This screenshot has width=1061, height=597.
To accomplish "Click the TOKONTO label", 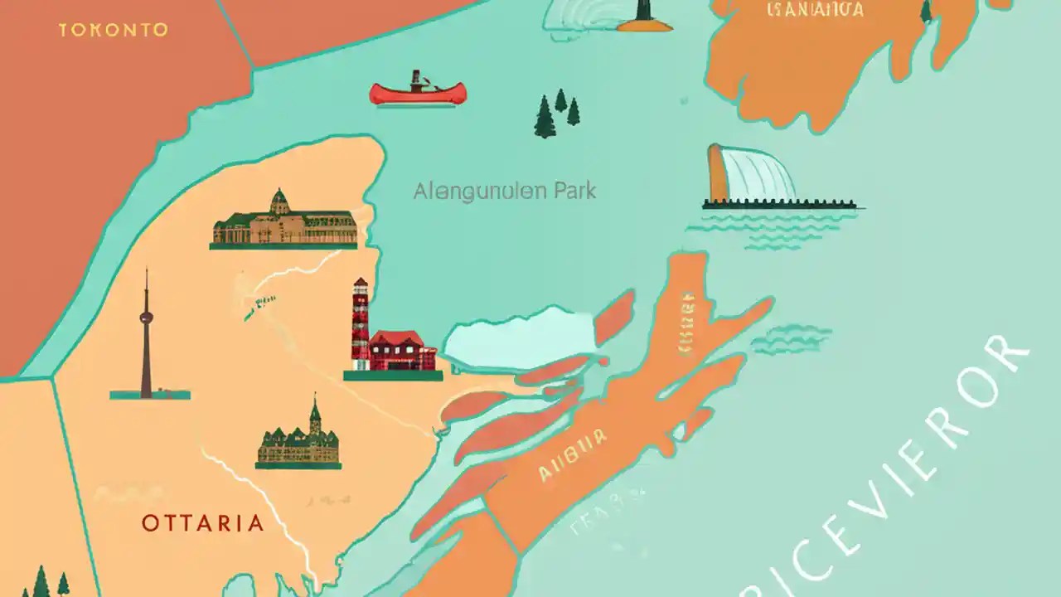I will pos(114,30).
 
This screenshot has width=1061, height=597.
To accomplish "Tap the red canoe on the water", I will pos(418,93).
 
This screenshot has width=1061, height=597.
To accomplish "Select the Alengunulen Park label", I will pos(505,192).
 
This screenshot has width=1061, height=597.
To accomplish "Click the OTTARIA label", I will pos(202,523).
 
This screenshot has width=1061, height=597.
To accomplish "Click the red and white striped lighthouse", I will pos(361,323).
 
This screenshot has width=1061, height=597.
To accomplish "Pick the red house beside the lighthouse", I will pos(402,350).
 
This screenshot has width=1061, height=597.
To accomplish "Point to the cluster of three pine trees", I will pos(555,114).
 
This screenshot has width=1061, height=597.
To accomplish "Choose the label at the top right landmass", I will pos(815,10).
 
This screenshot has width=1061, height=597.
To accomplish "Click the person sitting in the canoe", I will pos(416,81).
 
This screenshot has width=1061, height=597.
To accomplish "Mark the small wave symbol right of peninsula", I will pos(792,338).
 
